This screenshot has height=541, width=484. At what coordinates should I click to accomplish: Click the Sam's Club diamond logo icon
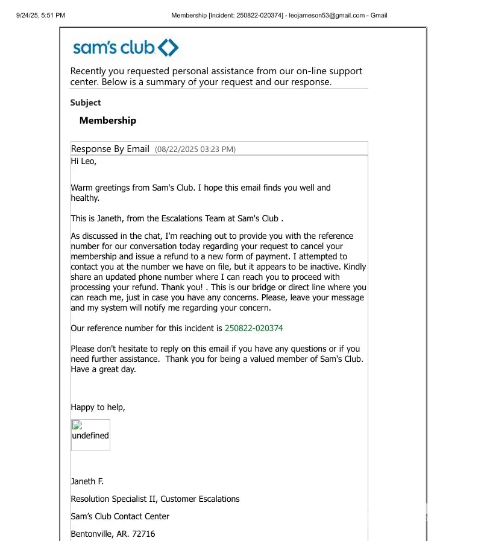click(168, 48)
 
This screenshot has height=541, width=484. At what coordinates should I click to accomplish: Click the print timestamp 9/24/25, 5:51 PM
click(40, 15)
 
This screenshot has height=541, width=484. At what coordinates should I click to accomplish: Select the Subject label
click(86, 103)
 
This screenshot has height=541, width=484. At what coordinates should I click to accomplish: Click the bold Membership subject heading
click(108, 121)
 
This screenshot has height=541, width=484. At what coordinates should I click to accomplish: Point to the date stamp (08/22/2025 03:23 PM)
click(195, 149)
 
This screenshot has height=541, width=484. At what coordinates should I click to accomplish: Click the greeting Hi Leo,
click(84, 161)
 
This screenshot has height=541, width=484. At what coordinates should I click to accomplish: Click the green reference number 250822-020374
click(254, 328)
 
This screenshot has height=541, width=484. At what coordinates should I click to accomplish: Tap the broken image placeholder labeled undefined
click(90, 435)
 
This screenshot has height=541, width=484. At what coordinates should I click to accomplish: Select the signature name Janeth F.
click(87, 481)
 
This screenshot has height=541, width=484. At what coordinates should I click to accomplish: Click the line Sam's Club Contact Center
click(120, 516)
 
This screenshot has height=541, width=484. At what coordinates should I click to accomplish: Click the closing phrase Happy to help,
click(98, 407)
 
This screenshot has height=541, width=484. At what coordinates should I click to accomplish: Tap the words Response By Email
click(110, 149)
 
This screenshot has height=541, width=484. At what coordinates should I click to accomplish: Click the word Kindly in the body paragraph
click(355, 267)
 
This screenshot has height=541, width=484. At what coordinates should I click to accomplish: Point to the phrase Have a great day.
click(103, 369)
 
